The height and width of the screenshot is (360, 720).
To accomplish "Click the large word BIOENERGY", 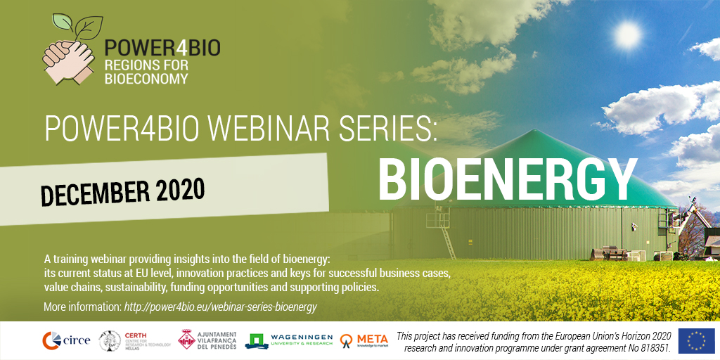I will (x=507, y=179).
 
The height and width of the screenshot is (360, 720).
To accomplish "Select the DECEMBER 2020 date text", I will (x=123, y=191).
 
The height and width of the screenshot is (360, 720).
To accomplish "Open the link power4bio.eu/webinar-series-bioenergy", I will (x=221, y=307).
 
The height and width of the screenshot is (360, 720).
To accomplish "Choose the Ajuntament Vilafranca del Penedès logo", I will (x=207, y=340).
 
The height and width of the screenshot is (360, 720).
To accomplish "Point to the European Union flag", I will (x=695, y=340).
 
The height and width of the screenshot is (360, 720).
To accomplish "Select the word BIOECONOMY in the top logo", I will (x=146, y=79).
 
